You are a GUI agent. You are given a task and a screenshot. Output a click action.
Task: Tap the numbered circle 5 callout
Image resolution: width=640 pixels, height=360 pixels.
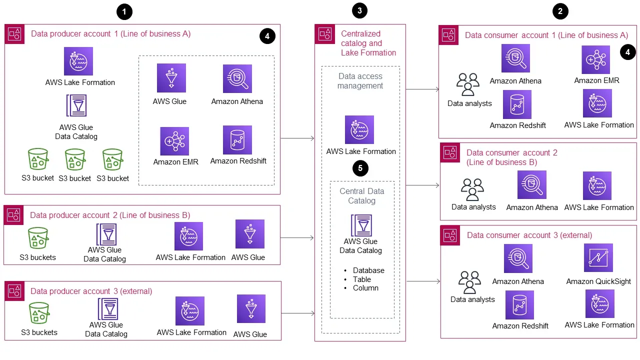[360, 168]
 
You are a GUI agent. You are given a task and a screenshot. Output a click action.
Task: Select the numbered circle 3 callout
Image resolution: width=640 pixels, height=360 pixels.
[360, 10]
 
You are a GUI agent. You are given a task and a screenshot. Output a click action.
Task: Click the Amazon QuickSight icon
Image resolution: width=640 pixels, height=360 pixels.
[598, 258]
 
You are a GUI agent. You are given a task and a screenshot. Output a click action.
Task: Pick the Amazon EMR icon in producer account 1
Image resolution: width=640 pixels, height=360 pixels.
[174, 141]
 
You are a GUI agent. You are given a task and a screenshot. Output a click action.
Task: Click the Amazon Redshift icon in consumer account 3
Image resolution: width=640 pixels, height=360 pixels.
[519, 305]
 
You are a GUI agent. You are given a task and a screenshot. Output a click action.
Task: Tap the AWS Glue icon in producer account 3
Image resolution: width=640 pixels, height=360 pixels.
[251, 309]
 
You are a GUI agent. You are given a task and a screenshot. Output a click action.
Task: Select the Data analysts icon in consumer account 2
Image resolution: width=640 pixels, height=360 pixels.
[472, 189]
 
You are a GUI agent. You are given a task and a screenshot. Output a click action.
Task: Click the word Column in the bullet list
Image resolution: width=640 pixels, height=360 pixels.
[365, 288]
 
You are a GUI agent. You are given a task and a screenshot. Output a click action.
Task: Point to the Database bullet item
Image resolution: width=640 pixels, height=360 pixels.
[368, 270]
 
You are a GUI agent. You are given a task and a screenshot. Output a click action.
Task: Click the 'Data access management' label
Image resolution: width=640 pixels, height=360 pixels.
[360, 81]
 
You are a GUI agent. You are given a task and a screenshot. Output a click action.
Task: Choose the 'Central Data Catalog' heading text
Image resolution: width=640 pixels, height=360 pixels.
[361, 196]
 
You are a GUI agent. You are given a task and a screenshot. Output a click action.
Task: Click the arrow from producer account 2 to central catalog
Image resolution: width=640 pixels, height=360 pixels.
[297, 238]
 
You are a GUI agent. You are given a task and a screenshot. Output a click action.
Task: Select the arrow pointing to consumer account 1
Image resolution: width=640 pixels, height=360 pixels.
[422, 90]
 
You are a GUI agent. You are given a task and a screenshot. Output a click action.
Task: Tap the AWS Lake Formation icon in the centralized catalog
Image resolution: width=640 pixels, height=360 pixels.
[359, 130]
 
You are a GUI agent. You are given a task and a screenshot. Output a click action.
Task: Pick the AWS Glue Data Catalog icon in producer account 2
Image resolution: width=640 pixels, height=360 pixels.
[106, 234]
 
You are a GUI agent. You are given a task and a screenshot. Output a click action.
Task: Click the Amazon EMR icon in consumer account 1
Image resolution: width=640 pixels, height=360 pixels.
[595, 60]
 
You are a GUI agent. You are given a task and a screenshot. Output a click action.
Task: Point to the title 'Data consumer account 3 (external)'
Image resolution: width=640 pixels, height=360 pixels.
[529, 235]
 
